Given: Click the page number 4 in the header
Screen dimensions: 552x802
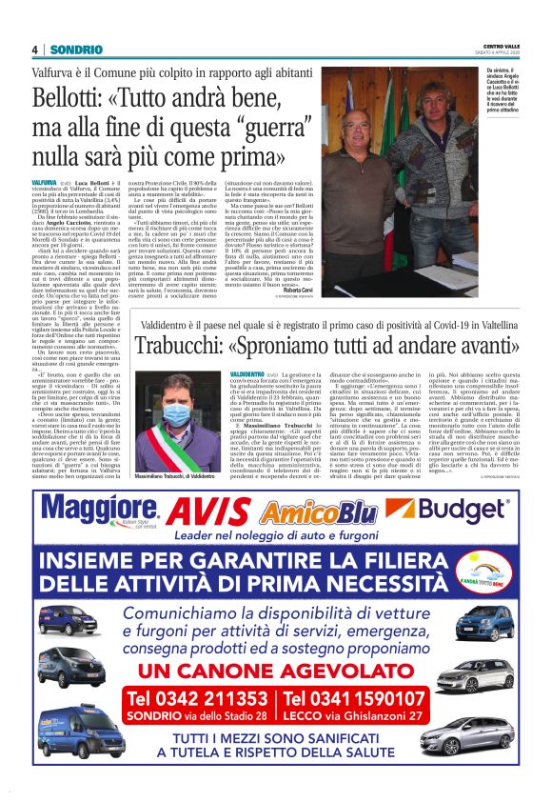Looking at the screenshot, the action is [34, 50].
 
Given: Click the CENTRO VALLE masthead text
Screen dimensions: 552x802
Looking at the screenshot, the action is [500, 45].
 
